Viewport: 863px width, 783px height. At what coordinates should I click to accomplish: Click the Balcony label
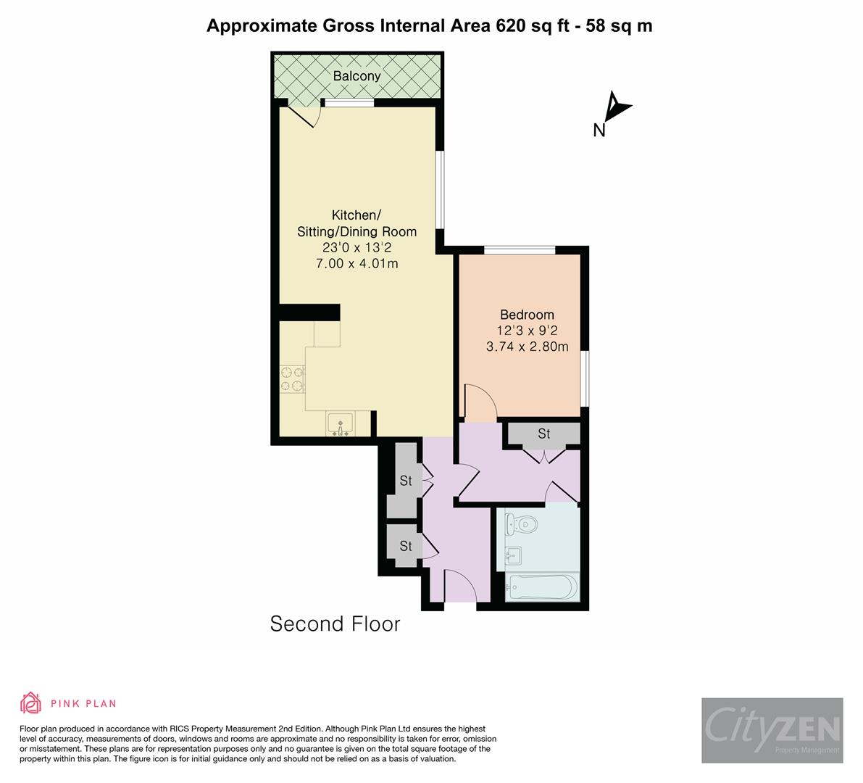point(357,76)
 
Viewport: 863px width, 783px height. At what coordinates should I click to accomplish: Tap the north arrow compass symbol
point(617,107)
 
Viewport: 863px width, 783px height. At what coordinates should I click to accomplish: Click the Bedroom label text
point(527,315)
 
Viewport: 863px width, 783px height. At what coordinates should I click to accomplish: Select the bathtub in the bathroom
point(542,587)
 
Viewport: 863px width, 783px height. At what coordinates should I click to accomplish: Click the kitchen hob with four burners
point(292,379)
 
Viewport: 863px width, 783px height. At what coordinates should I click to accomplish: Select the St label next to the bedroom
point(543,434)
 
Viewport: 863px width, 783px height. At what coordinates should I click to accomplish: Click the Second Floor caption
point(335,623)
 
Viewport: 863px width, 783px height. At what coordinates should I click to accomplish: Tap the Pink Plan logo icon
point(31,703)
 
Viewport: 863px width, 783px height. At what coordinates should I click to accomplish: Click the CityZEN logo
point(772,730)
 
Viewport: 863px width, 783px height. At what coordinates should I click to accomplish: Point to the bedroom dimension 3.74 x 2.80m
point(527,347)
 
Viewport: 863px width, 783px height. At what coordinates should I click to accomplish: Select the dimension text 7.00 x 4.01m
point(357,264)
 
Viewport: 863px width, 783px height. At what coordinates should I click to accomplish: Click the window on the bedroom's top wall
point(520,250)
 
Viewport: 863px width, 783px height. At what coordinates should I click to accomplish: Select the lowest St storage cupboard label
point(406,546)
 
